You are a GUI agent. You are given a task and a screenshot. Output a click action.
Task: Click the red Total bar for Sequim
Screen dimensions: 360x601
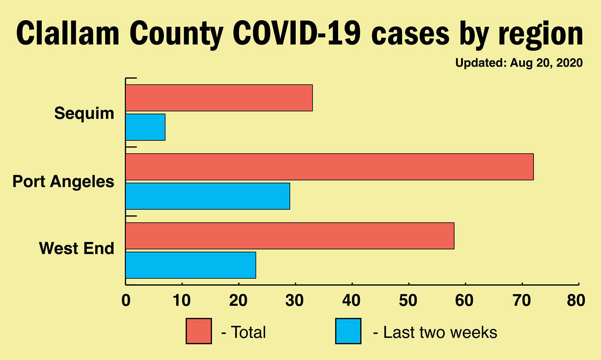219,98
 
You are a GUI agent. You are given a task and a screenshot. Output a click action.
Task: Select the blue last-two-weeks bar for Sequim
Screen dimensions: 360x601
145,127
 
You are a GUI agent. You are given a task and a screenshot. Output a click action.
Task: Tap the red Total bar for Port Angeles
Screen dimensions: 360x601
329,167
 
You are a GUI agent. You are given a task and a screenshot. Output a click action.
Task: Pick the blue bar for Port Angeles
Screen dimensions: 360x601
208,196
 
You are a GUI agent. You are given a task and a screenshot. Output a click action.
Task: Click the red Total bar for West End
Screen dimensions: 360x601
290,236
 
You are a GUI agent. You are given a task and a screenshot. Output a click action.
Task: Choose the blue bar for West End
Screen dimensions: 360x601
191,265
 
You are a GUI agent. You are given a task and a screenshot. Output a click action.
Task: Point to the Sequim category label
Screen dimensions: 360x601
84,113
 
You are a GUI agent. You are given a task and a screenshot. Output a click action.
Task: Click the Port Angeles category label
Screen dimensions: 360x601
63,182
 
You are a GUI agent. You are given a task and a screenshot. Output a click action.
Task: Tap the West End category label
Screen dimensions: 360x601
77,248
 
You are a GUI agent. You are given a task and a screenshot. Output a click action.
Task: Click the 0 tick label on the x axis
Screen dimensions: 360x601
126,301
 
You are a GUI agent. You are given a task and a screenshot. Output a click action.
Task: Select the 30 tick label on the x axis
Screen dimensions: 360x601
295,301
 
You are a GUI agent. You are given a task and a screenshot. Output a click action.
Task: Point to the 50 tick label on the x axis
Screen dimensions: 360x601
408,301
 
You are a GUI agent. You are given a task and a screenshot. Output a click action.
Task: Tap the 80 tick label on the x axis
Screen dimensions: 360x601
576,301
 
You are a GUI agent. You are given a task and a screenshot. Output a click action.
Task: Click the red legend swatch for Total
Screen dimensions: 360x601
199,331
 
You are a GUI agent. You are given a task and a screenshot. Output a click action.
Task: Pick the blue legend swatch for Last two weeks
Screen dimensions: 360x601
348,331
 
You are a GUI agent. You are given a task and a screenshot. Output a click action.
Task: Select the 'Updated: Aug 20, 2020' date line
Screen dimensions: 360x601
519,63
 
